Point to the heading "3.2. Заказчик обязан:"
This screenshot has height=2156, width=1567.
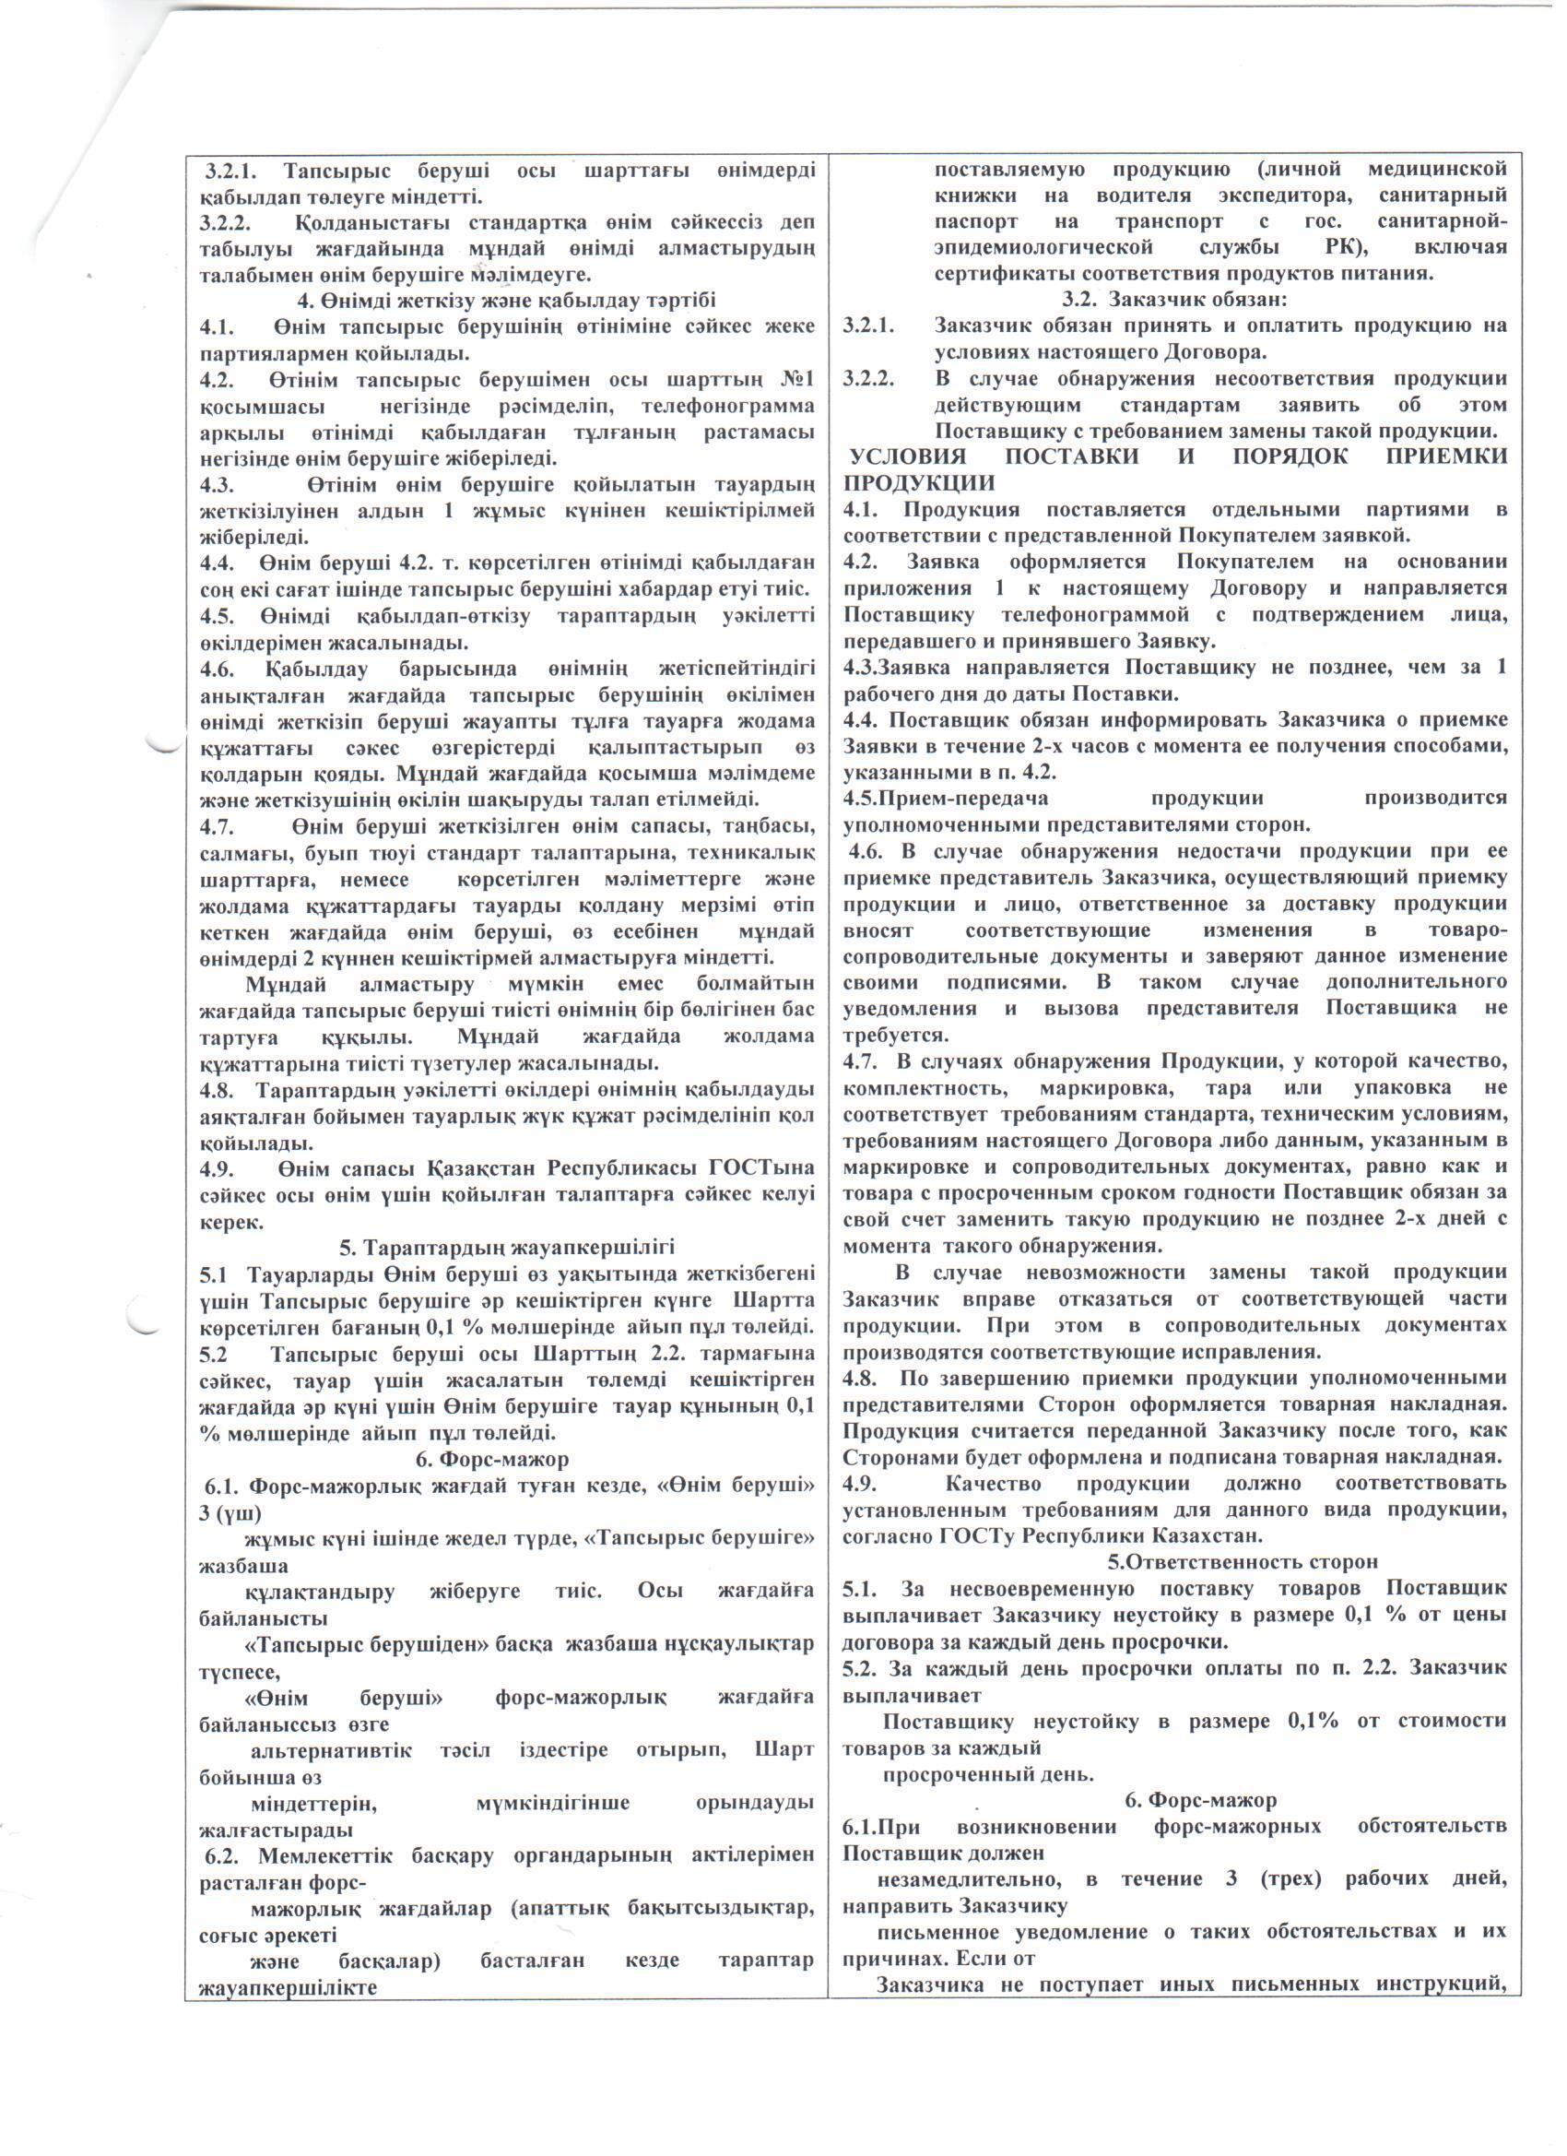1173,301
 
